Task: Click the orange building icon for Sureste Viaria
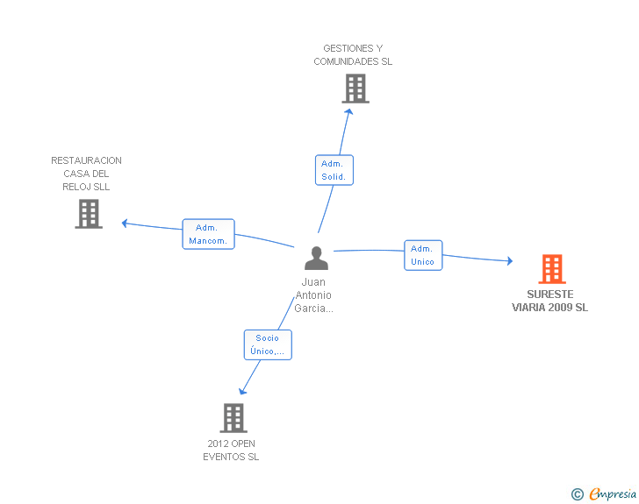pyautogui.click(x=552, y=269)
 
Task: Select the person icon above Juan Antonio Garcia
pyautogui.click(x=316, y=258)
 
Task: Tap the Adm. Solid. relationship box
pyautogui.click(x=334, y=170)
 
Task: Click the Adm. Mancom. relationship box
pyautogui.click(x=208, y=234)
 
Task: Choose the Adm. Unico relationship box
pyautogui.click(x=423, y=255)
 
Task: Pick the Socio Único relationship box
pyautogui.click(x=268, y=344)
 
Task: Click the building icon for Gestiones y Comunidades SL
pyautogui.click(x=355, y=89)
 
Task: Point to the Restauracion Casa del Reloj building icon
pyautogui.click(x=89, y=214)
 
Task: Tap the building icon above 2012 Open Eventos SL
pyautogui.click(x=233, y=418)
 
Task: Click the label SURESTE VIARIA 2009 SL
pyautogui.click(x=549, y=301)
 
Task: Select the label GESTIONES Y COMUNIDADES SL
pyautogui.click(x=353, y=55)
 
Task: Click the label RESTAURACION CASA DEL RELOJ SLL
pyautogui.click(x=86, y=174)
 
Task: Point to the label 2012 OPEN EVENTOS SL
pyautogui.click(x=231, y=451)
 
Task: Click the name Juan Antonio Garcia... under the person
pyautogui.click(x=314, y=295)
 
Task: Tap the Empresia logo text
pyautogui.click(x=613, y=493)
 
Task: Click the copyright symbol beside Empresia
pyautogui.click(x=578, y=494)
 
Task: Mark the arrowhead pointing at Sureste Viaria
pyautogui.click(x=510, y=261)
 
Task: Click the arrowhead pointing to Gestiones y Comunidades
pyautogui.click(x=348, y=111)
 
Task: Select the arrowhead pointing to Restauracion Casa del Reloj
pyautogui.click(x=125, y=224)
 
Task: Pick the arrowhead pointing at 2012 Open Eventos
pyautogui.click(x=242, y=391)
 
